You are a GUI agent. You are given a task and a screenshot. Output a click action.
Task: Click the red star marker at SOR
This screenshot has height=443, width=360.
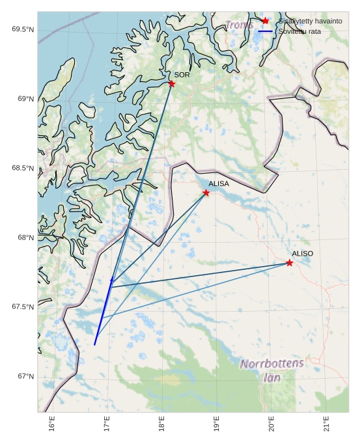pyautogui.click(x=171, y=84)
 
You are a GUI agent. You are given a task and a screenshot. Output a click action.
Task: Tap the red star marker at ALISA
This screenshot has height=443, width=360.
pyautogui.click(x=206, y=193)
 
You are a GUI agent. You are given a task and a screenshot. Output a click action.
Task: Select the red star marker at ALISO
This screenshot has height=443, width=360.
pyautogui.click(x=290, y=263)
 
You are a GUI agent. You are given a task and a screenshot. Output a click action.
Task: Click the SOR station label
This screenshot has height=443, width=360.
pyautogui.click(x=182, y=75)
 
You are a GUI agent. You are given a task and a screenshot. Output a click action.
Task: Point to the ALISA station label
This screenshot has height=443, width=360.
pyautogui.click(x=219, y=184)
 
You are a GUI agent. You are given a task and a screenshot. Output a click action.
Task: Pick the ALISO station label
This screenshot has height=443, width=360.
pyautogui.click(x=302, y=253)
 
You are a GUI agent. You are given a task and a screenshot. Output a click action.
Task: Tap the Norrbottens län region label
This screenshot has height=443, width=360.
pyautogui.click(x=272, y=369)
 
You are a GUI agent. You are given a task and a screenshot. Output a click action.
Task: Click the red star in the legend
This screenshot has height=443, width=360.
pyautogui.click(x=265, y=21)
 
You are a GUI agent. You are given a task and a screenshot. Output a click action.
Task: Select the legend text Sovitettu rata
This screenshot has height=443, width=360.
pyautogui.click(x=299, y=31)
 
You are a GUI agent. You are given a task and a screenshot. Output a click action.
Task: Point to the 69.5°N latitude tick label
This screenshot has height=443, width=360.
pyautogui.click(x=22, y=29)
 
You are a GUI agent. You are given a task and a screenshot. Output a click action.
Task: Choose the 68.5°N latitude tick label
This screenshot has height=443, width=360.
pyautogui.click(x=22, y=168)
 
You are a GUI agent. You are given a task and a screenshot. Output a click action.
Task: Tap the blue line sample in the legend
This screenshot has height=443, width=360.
pyautogui.click(x=265, y=31)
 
